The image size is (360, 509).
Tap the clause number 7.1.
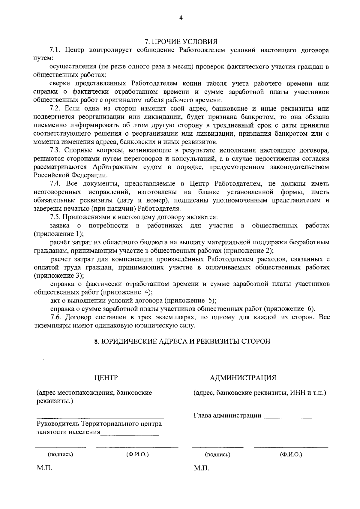click(55, 50)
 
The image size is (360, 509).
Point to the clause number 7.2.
click(55, 108)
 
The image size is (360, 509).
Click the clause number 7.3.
click(55, 150)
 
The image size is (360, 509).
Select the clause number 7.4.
click(55, 183)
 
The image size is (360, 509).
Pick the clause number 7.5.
click(55, 217)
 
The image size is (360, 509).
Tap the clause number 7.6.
click(55, 317)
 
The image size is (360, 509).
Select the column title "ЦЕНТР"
click(106, 378)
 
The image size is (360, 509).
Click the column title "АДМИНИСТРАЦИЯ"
click(243, 378)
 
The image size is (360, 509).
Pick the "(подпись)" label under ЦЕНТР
click(60, 454)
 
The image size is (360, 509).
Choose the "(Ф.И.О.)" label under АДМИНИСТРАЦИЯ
click(291, 454)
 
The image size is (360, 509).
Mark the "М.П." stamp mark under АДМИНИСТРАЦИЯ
click(201, 468)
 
